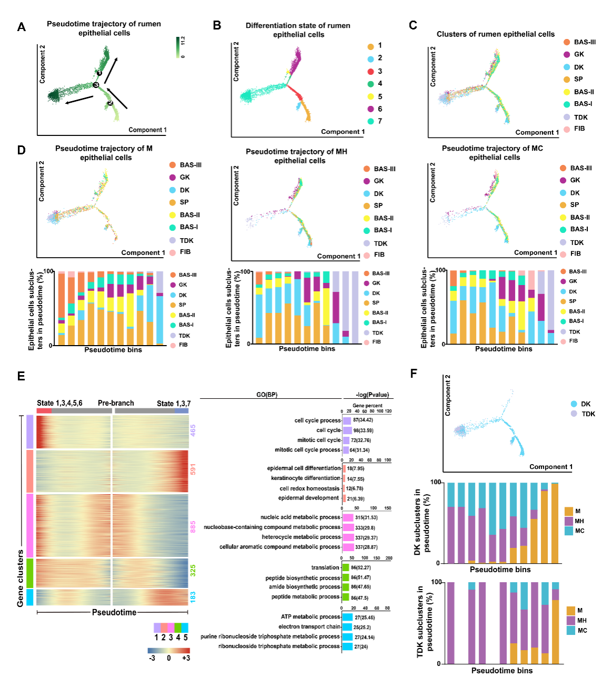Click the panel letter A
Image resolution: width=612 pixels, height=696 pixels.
(x=22, y=27)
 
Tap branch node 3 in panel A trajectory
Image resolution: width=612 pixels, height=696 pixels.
(x=96, y=85)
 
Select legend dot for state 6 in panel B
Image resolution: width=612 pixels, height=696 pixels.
(x=371, y=109)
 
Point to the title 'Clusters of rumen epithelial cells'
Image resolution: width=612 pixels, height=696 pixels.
(x=495, y=34)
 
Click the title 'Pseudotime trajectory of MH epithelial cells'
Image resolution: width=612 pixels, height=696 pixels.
(x=297, y=156)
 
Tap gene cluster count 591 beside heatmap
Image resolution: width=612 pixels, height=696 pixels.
(x=193, y=469)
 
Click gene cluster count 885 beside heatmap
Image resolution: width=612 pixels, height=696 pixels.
(x=193, y=526)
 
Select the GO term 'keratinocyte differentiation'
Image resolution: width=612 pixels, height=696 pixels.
(x=305, y=478)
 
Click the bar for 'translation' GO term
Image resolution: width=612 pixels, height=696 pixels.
(x=346, y=567)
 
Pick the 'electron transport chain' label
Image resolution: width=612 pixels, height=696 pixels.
(x=309, y=626)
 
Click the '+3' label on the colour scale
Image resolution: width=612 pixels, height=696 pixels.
(x=185, y=658)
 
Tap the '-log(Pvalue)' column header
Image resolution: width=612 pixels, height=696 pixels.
(x=372, y=395)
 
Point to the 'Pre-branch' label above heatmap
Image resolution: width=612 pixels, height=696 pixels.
(x=116, y=403)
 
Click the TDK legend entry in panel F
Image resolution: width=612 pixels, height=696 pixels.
(x=583, y=414)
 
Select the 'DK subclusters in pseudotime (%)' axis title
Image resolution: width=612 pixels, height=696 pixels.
(x=421, y=522)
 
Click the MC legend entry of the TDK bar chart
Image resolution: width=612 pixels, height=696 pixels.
(x=577, y=631)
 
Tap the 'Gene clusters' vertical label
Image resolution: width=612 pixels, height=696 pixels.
(x=21, y=578)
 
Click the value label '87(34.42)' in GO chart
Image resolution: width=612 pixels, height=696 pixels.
(x=363, y=420)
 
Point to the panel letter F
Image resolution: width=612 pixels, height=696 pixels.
(x=413, y=374)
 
